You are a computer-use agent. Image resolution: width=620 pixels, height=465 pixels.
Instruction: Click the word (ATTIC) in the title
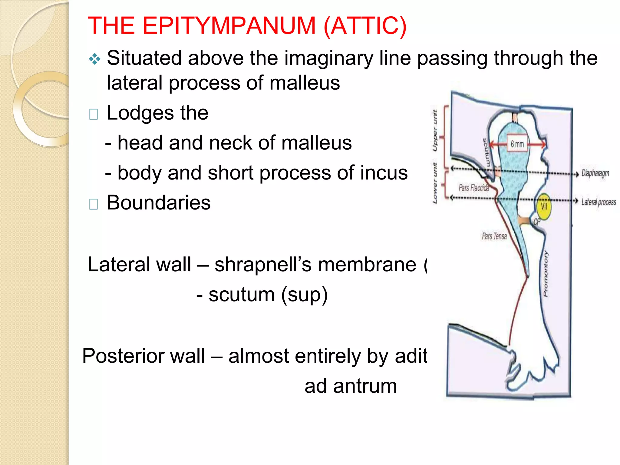365,26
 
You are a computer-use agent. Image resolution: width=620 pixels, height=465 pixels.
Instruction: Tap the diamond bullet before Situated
95,59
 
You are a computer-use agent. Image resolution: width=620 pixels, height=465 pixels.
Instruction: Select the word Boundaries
159,203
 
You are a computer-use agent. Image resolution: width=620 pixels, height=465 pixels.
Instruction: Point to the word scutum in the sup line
241,295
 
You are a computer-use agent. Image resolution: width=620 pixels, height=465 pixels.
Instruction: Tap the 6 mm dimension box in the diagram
517,144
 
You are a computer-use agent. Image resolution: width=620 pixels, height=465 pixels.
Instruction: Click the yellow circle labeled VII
544,206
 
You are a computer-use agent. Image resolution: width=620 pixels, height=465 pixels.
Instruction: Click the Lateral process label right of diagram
599,202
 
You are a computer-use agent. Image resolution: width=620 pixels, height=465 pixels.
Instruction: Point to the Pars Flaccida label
473,188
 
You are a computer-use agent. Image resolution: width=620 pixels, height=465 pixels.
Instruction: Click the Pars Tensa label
494,236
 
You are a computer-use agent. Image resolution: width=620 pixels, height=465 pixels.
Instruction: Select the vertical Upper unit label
435,130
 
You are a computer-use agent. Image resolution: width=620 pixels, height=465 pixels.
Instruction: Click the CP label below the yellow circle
536,222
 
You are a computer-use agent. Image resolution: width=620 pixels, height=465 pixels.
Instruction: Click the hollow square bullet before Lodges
94,114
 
